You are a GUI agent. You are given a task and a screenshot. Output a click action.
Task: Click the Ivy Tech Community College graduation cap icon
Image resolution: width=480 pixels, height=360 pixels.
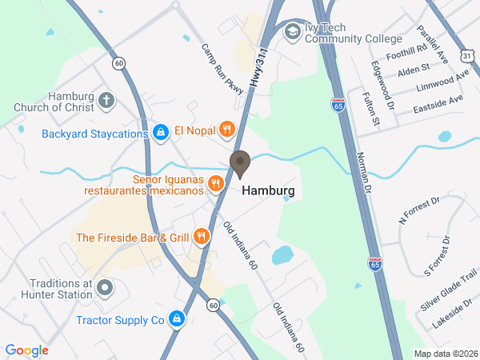tap(293, 32)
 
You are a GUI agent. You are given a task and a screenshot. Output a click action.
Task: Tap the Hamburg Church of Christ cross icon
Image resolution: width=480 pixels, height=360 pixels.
tap(106, 101)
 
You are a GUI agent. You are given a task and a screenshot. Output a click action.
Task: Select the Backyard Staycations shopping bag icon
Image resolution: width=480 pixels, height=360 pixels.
tap(161, 131)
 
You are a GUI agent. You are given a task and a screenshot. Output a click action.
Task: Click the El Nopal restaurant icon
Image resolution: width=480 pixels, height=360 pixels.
tap(227, 129)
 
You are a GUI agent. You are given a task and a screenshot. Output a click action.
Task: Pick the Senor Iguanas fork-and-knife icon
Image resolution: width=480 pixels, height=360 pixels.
tap(215, 185)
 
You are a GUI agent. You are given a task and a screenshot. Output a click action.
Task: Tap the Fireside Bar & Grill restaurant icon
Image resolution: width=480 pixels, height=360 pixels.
tap(201, 237)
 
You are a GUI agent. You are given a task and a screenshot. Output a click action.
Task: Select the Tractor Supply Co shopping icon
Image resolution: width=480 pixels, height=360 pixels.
tap(178, 321)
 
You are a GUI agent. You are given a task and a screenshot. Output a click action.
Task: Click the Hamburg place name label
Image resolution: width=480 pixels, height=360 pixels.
tap(267, 191)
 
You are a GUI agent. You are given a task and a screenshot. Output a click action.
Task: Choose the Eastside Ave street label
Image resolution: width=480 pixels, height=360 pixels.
tap(438, 105)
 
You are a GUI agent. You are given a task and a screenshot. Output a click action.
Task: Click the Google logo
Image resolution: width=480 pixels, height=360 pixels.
tap(26, 350)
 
